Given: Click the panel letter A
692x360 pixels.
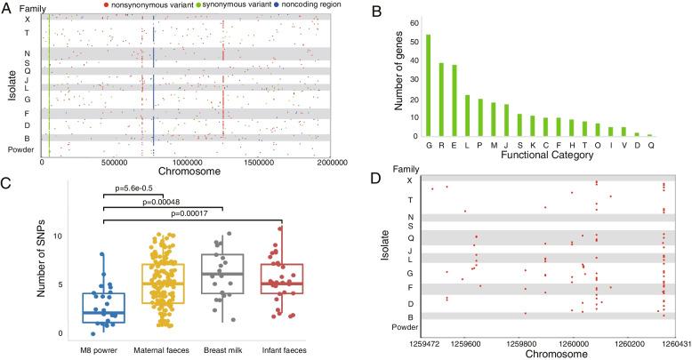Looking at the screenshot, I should (8, 8).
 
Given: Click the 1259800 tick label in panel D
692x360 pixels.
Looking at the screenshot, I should (537, 339).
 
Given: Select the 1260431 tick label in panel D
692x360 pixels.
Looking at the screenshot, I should (663, 339).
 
